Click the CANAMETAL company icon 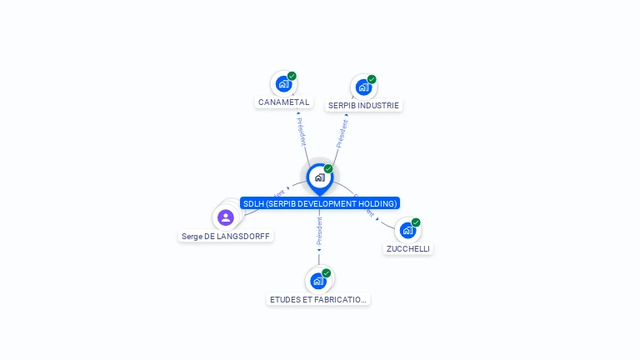click(283, 83)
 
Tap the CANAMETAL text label click(283, 102)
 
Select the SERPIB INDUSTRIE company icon click(363, 87)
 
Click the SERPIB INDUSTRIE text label click(363, 106)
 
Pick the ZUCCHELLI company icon click(407, 230)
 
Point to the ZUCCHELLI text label click(408, 248)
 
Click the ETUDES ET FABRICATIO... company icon click(317, 281)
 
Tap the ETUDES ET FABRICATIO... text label click(317, 299)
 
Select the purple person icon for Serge click(225, 217)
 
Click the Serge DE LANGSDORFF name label click(227, 237)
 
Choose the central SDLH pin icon click(319, 177)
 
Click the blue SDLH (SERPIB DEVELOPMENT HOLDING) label click(319, 203)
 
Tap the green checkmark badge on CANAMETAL click(292, 76)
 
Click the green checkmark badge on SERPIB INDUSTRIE click(372, 79)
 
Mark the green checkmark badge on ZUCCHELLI click(416, 222)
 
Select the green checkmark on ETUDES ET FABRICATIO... click(326, 273)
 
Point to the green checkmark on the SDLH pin click(328, 169)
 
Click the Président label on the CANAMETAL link click(301, 131)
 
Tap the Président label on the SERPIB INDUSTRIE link click(342, 133)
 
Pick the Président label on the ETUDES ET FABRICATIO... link click(319, 232)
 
